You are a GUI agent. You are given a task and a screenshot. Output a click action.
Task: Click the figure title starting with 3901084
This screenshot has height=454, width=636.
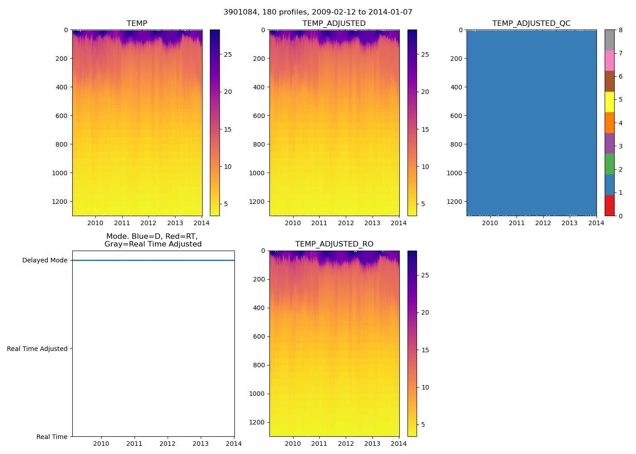[318, 12]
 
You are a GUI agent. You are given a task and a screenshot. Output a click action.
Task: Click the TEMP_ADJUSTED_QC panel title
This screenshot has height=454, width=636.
[531, 24]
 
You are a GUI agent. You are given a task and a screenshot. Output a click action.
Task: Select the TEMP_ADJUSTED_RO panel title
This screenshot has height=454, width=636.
[334, 244]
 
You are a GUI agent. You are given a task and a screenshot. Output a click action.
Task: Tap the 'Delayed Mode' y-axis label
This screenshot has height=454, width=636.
[45, 260]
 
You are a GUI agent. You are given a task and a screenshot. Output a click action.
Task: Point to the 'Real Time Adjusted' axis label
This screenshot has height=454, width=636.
[37, 349]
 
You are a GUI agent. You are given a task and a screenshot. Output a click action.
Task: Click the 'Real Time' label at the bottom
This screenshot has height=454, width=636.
[52, 437]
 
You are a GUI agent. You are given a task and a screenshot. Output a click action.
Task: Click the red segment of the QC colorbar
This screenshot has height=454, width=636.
[609, 205]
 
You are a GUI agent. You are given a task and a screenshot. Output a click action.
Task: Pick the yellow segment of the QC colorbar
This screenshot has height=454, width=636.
[609, 102]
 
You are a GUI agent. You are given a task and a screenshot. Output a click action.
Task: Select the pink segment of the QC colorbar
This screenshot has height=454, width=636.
[609, 60]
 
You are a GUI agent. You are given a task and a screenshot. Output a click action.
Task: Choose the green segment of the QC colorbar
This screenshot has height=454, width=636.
[609, 164]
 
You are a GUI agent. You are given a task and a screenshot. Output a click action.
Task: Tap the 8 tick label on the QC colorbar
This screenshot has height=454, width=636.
[621, 30]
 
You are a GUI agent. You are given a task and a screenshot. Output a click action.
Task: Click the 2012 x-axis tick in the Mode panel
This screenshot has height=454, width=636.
[167, 444]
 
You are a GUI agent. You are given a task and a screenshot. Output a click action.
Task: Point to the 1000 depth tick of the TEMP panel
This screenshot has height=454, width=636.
[60, 173]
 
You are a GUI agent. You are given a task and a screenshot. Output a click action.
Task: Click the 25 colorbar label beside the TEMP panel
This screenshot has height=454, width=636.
[228, 54]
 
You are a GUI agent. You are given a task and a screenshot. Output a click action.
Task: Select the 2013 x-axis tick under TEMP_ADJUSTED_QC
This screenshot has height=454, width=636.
[569, 223]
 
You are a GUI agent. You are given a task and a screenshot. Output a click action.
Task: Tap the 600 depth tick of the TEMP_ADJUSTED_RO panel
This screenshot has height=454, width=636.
[258, 336]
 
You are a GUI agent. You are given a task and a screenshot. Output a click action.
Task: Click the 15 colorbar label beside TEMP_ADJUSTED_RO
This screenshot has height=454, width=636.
[425, 350]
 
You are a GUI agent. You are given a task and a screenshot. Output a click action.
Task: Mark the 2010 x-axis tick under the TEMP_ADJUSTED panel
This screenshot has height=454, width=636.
[293, 223]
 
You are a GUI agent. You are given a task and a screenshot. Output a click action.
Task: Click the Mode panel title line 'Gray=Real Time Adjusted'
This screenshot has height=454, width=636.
[153, 244]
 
